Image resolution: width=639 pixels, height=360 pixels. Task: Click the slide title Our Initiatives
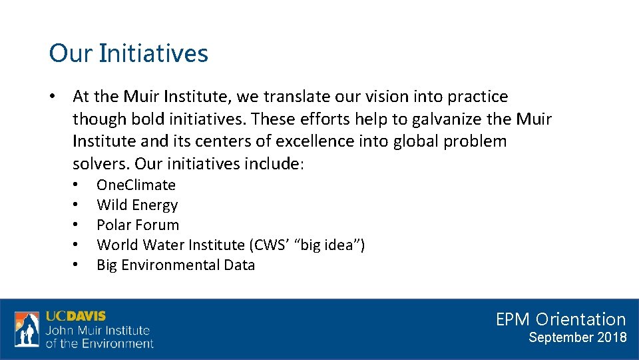(128, 53)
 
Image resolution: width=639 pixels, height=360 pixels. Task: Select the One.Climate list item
(136, 185)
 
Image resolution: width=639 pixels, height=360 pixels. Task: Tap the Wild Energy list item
(137, 205)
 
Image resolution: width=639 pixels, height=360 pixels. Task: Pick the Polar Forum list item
(138, 225)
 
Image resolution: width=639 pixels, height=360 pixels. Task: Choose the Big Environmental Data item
(176, 265)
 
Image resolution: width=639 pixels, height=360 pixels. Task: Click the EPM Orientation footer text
(560, 319)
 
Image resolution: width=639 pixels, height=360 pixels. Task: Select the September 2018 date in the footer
(577, 337)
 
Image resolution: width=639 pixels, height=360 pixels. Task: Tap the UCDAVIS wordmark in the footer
(76, 316)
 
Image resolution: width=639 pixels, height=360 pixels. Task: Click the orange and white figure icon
(27, 329)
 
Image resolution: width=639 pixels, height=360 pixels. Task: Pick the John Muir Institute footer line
(98, 331)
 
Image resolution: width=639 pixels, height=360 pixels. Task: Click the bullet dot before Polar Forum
(77, 225)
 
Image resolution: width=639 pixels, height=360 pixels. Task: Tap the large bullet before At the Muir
(52, 97)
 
